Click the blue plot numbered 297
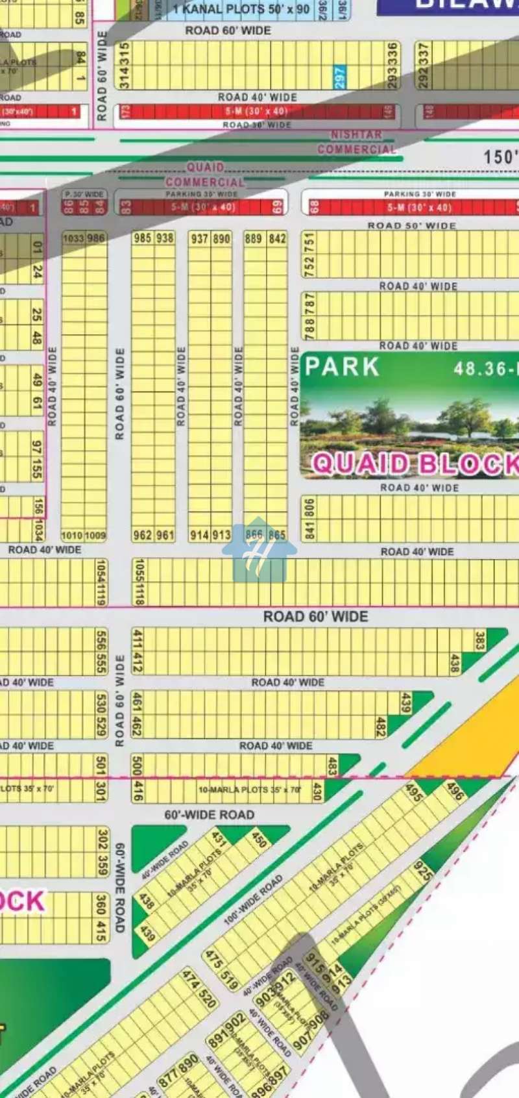click(x=339, y=77)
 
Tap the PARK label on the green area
click(x=342, y=367)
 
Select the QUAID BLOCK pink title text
click(x=415, y=464)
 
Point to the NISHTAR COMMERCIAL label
click(x=356, y=142)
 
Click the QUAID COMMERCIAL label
click(x=205, y=175)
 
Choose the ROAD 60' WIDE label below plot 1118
click(x=315, y=616)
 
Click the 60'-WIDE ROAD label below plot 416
click(x=209, y=814)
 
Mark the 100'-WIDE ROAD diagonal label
click(x=253, y=899)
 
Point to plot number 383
click(x=480, y=640)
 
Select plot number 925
click(x=423, y=870)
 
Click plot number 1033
click(x=73, y=238)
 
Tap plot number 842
click(x=277, y=238)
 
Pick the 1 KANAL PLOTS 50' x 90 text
click(x=241, y=10)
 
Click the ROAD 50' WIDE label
click(x=411, y=225)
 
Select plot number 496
click(x=455, y=791)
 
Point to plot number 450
click(x=259, y=839)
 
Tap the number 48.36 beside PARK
click(x=480, y=369)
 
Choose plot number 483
click(x=332, y=766)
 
